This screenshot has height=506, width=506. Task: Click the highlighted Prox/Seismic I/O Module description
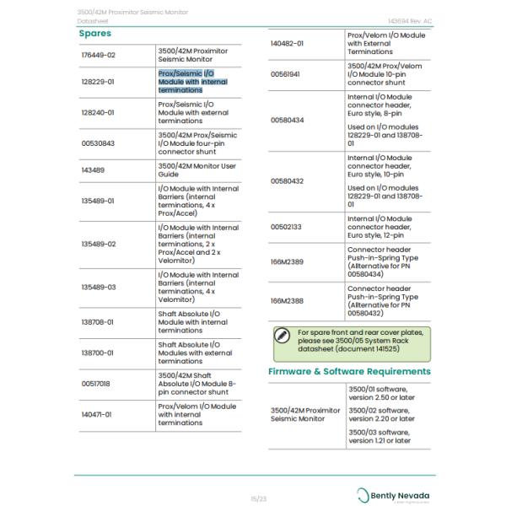pos(192,82)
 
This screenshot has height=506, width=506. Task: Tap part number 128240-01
pos(98,112)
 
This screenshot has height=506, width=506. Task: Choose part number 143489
pos(93,170)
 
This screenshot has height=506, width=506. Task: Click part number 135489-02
pos(99,245)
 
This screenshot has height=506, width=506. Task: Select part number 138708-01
pos(98,321)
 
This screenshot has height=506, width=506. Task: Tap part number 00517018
pos(95,383)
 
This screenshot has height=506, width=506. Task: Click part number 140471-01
pos(96,414)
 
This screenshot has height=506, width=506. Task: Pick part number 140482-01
pos(287,42)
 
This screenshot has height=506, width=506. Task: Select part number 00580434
pos(287,120)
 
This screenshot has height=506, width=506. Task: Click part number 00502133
pos(285,227)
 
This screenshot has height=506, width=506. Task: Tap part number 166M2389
pos(287,261)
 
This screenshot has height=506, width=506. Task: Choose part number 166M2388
pos(287,300)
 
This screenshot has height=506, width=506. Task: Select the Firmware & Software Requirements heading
pos(349,371)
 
